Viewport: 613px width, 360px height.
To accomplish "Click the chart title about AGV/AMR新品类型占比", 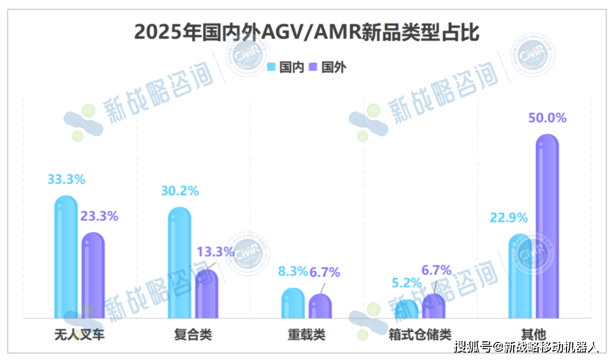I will (x=306, y=32).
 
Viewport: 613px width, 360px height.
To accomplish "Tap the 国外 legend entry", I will (x=328, y=67).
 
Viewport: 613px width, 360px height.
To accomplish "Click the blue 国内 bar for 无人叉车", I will (x=66, y=258).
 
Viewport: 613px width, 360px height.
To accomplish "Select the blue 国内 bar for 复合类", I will (x=179, y=264).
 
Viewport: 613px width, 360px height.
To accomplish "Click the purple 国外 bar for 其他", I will (x=547, y=227).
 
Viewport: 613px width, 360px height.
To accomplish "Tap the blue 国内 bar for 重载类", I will (x=293, y=304).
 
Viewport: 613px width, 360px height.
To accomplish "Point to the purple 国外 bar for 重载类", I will (x=320, y=307).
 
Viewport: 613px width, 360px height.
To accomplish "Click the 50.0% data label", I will (x=547, y=118).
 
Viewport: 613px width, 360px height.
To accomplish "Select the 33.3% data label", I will (x=66, y=179).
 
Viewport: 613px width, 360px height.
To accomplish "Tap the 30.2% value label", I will (x=179, y=191).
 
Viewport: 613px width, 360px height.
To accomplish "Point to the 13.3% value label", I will (x=215, y=252).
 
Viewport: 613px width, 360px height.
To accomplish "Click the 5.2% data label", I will (x=406, y=282).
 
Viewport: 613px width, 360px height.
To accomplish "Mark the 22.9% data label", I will (x=509, y=217).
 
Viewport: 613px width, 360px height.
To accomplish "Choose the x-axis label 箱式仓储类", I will (x=420, y=335).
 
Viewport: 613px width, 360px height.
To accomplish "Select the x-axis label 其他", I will (x=534, y=335).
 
